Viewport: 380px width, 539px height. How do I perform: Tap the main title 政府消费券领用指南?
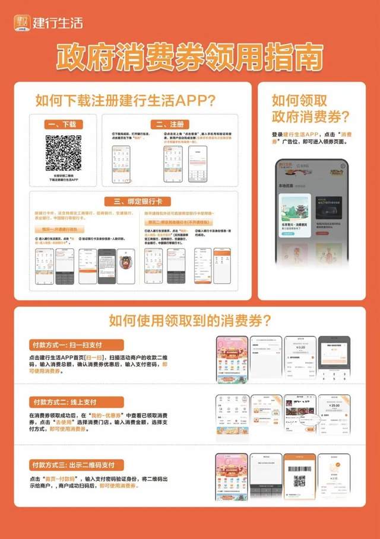click(x=190, y=58)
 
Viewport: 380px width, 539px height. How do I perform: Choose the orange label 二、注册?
click(x=168, y=125)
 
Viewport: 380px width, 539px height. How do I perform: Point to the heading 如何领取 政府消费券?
click(x=310, y=108)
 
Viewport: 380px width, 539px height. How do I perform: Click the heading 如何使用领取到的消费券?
click(x=190, y=321)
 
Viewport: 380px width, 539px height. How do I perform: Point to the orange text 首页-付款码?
click(x=70, y=478)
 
